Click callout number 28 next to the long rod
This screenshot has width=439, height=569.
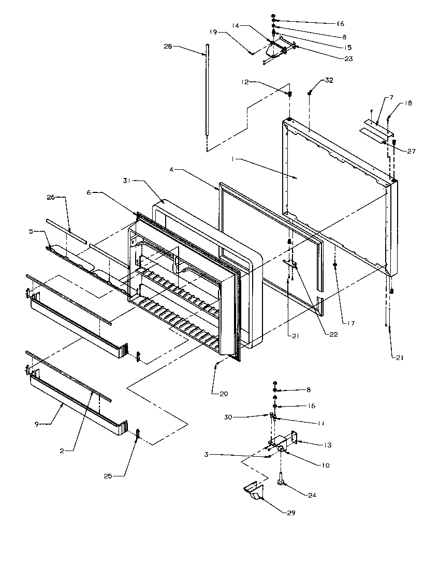click(x=168, y=47)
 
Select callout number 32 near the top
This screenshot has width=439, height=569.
click(x=329, y=81)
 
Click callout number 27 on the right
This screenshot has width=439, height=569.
click(x=411, y=152)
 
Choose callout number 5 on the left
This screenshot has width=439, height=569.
click(x=31, y=232)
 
